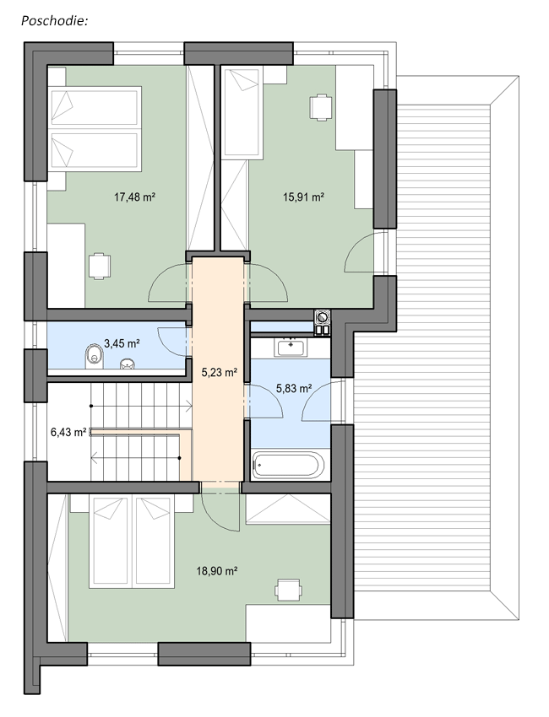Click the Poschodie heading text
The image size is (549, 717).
(54, 20)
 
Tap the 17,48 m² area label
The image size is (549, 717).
(134, 197)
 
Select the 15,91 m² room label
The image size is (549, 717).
(303, 197)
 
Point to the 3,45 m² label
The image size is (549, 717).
(122, 343)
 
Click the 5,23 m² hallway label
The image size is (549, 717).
(220, 372)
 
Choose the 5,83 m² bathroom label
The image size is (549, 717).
(294, 388)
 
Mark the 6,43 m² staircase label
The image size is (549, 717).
(68, 432)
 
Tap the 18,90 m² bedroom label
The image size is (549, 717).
(217, 571)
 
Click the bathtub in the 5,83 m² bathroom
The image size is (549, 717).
(289, 466)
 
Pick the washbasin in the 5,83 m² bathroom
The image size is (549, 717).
(290, 348)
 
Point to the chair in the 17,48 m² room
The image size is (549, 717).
(100, 266)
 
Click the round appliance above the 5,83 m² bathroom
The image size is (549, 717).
(323, 316)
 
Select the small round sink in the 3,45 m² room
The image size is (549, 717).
(128, 364)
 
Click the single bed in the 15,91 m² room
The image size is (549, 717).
(243, 112)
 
